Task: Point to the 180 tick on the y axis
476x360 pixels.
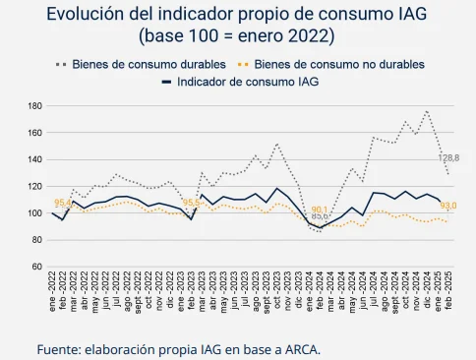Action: coord(34,105)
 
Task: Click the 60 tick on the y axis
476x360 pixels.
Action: coord(36,267)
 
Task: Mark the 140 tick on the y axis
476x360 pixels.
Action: coord(34,159)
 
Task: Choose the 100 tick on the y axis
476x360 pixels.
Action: coord(34,213)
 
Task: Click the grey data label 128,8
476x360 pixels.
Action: coord(448,157)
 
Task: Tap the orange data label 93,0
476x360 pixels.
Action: coord(448,206)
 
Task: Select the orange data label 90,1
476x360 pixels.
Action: coord(320,210)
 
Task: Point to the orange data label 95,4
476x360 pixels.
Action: coord(62,203)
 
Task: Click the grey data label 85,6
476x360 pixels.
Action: coord(320,216)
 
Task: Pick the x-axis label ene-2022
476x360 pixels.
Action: coord(51,292)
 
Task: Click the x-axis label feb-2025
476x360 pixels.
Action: coord(448,292)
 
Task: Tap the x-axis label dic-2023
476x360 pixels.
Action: coord(299,292)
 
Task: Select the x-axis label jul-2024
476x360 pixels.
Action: coord(374,292)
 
